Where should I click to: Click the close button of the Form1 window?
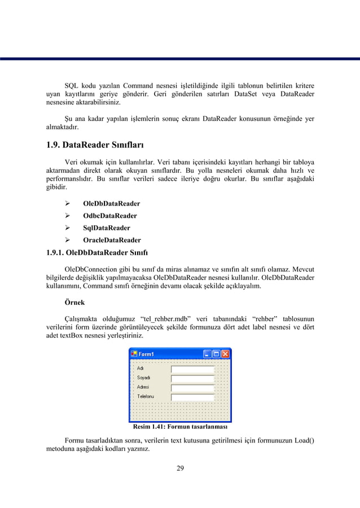[x=225, y=354]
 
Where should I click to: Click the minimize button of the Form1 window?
[x=208, y=354]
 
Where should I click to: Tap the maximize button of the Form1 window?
[x=216, y=354]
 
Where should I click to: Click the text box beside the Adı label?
[x=192, y=369]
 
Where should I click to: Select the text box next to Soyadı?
[x=192, y=378]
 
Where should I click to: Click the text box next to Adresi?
[x=192, y=388]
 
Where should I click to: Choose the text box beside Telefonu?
[x=192, y=397]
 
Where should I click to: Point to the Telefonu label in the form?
[x=146, y=397]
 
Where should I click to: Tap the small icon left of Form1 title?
[x=134, y=354]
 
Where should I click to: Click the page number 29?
[x=180, y=467]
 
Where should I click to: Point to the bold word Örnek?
[x=75, y=302]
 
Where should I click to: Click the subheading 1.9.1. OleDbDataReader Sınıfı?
[x=96, y=252]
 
